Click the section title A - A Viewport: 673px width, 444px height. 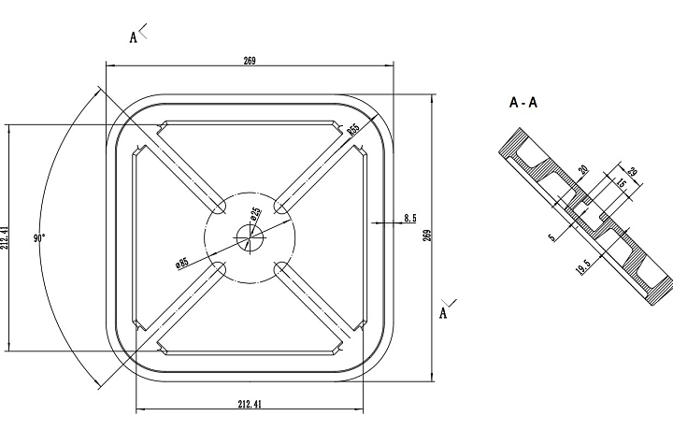523,103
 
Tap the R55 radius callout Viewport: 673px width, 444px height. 353,130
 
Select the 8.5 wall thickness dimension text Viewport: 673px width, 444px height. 410,218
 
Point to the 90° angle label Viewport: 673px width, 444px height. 39,238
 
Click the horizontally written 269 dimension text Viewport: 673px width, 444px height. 250,61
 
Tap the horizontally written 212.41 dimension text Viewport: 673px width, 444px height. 250,405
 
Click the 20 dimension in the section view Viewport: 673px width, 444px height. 583,170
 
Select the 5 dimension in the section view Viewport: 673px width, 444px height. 551,237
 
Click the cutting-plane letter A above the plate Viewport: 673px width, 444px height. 134,37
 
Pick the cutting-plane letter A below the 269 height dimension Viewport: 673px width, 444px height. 443,313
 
